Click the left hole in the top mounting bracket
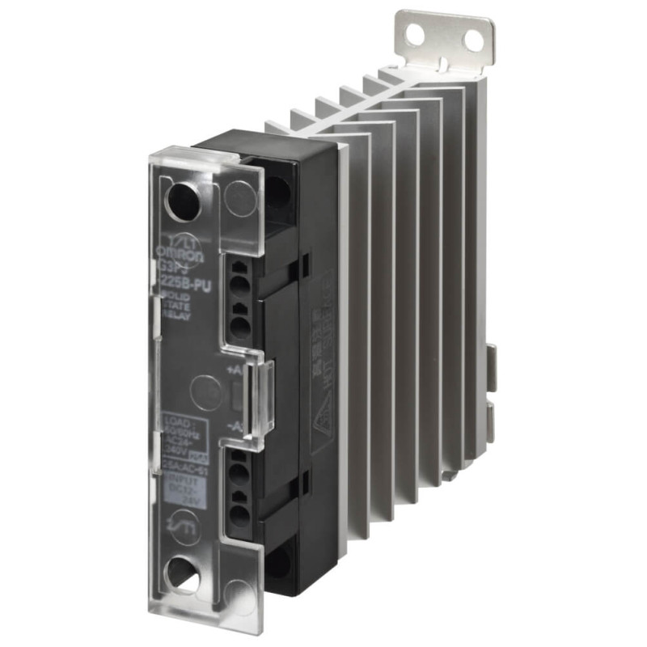[415, 35]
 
